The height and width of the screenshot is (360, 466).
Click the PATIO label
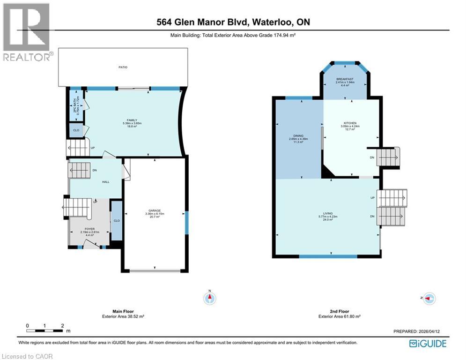click(123, 67)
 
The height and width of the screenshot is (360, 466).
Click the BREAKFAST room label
click(344, 79)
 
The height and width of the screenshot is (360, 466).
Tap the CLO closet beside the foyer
click(116, 220)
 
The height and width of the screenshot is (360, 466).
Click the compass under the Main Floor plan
click(210, 298)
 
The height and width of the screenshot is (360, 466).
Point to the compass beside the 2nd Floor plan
click(429, 298)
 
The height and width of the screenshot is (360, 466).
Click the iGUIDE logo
click(428, 344)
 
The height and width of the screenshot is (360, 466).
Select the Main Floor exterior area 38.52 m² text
click(123, 316)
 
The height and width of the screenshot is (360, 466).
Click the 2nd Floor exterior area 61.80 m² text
click(339, 316)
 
